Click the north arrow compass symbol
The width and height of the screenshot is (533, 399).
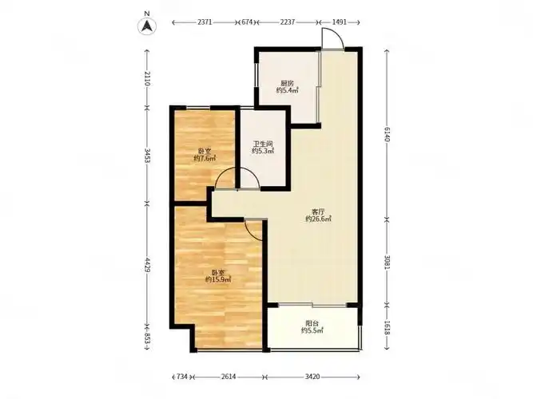click(x=147, y=26)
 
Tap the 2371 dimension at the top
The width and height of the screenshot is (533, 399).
click(x=205, y=22)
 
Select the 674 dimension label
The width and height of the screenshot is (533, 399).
click(x=247, y=22)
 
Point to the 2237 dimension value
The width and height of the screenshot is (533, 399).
click(x=288, y=22)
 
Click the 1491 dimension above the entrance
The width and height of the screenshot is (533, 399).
click(x=339, y=22)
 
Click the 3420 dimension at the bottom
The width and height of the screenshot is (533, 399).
click(x=312, y=377)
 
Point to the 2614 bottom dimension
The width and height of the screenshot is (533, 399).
click(x=229, y=377)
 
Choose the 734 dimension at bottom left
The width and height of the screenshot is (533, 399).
click(x=182, y=377)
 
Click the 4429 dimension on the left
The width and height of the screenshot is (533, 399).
click(x=147, y=265)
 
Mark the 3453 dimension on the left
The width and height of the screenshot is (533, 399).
click(x=147, y=156)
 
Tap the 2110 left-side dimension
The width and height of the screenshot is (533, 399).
click(x=147, y=79)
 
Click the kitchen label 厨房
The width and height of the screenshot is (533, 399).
click(x=287, y=83)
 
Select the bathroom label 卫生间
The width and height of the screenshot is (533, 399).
click(x=263, y=144)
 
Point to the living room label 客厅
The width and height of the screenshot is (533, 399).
click(x=318, y=211)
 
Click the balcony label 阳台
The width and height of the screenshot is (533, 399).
click(x=312, y=323)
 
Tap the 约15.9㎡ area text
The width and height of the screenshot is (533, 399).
click(x=218, y=279)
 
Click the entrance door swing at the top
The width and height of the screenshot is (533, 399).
click(x=332, y=38)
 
